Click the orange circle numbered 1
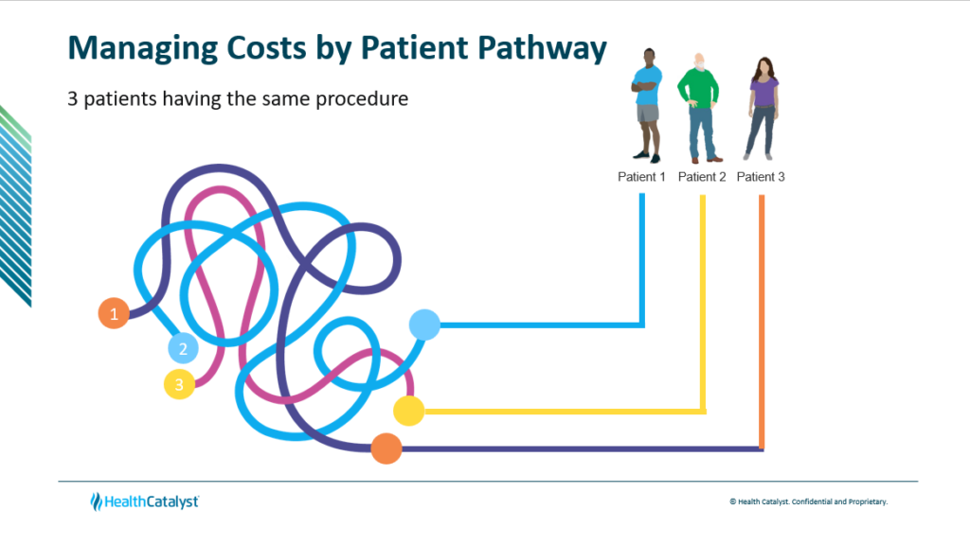click(114, 313)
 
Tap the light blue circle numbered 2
click(183, 348)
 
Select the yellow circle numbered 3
click(179, 383)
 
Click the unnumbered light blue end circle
click(424, 325)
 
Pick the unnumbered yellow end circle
click(408, 411)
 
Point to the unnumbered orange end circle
click(386, 448)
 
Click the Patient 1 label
click(641, 177)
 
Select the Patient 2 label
click(702, 177)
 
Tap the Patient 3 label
click(761, 177)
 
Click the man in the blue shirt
click(647, 104)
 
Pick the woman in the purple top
click(763, 106)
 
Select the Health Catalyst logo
click(144, 501)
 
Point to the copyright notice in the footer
click(808, 501)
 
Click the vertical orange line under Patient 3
click(762, 322)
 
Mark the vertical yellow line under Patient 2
click(703, 303)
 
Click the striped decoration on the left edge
click(15, 203)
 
